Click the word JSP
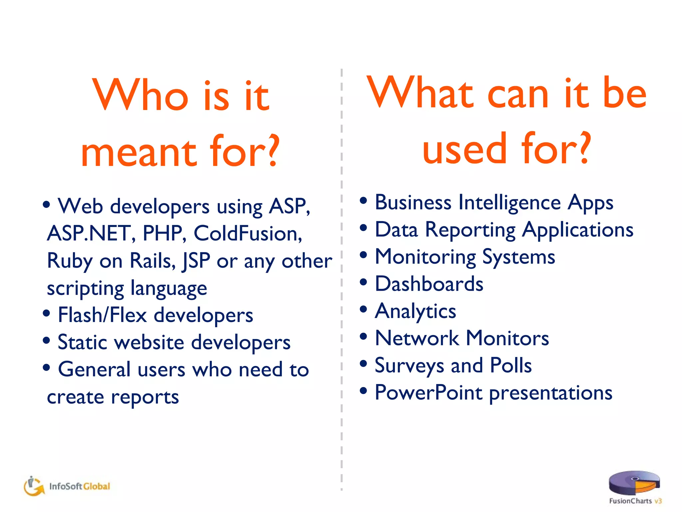point(196,261)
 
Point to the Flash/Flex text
point(102,315)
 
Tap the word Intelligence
point(510,203)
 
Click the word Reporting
point(470,230)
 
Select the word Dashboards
point(429,284)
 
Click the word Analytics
point(415,312)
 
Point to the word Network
point(417,338)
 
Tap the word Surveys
point(409,366)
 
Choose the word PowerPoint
point(428,393)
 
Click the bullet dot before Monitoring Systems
point(363,255)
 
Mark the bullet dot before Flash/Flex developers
point(47,313)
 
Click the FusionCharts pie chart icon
point(634,483)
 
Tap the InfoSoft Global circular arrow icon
point(34,486)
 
